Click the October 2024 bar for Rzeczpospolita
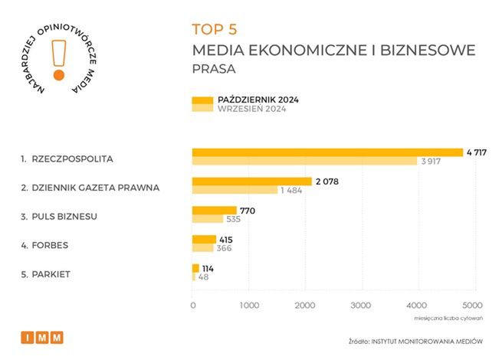[x=327, y=152]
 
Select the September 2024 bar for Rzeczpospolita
[x=304, y=161]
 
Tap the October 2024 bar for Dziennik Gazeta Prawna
[x=251, y=181]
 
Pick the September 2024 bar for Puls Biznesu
[x=207, y=218]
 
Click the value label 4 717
[x=477, y=152]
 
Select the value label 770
[x=247, y=210]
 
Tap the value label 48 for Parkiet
[x=203, y=277]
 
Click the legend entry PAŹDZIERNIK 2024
[x=258, y=100]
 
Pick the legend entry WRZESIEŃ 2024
[x=252, y=110]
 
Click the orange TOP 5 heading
[x=215, y=30]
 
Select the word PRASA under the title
[x=214, y=69]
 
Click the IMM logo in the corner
[x=41, y=337]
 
